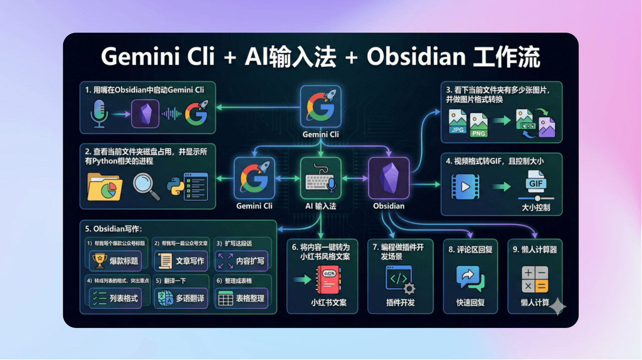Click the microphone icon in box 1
pyautogui.click(x=98, y=113)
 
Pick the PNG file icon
pyautogui.click(x=478, y=125)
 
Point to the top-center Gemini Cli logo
pyautogui.click(x=320, y=106)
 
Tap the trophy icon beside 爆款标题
pyautogui.click(x=99, y=260)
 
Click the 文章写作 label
pyautogui.click(x=190, y=261)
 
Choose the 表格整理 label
pyautogui.click(x=250, y=298)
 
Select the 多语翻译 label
pyautogui.click(x=190, y=298)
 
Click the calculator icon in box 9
pyautogui.click(x=535, y=280)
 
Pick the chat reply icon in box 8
pyautogui.click(x=470, y=279)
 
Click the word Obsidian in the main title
pyautogui.click(x=416, y=57)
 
